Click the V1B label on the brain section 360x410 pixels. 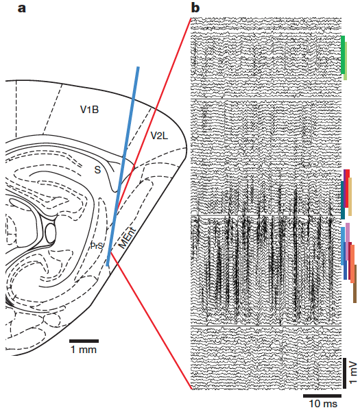coord(89,110)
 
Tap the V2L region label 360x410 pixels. coord(159,136)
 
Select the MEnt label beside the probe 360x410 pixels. coord(128,239)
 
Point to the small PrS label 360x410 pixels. coord(97,245)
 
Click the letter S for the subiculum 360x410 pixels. coord(97,170)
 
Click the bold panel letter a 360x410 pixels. coord(22,8)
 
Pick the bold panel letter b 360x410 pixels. coord(195,8)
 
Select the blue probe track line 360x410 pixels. coord(123,167)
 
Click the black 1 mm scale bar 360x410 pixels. coord(84,341)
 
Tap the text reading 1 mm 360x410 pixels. coord(84,350)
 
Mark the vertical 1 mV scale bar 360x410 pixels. coord(345,373)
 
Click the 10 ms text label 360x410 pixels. coord(323,403)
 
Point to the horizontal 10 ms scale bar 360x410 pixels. coord(322,396)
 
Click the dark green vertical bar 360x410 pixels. coord(343,55)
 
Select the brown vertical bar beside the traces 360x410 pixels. coord(355,284)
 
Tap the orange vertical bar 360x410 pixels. coord(352,264)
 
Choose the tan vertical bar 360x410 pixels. coord(350,197)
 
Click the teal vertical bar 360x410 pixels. coord(343,200)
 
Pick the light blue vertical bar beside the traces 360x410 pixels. coord(343,245)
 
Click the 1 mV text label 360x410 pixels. coord(353,372)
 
